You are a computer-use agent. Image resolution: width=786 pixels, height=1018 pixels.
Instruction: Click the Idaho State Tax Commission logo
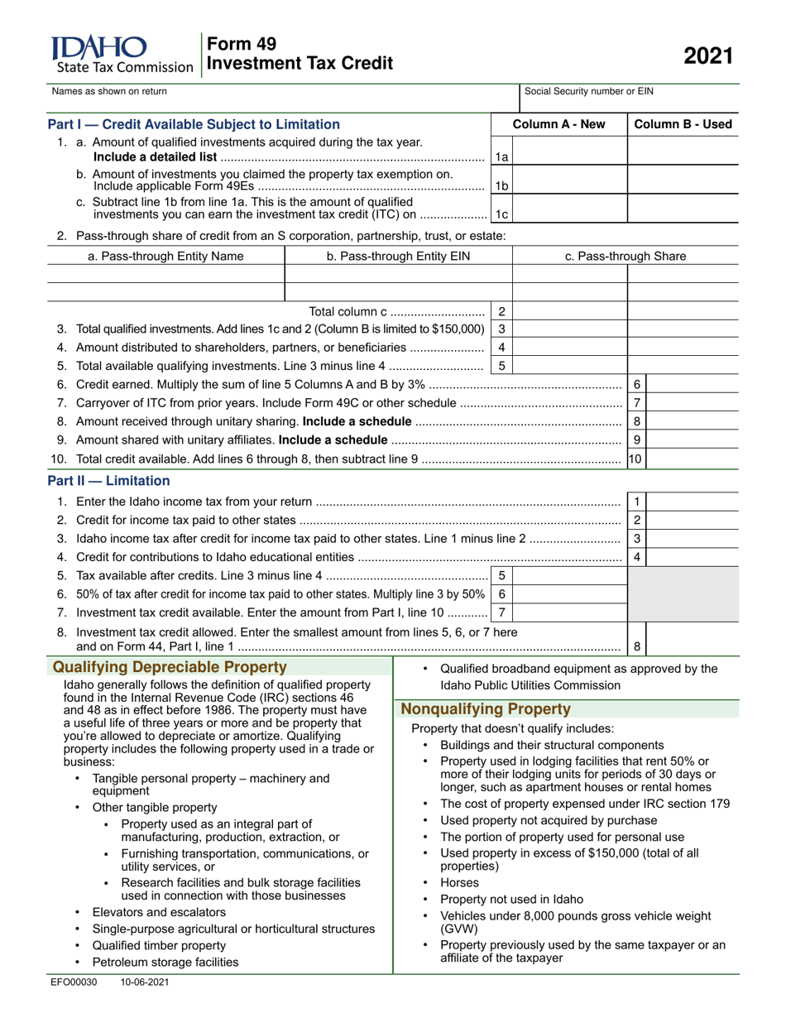[121, 55]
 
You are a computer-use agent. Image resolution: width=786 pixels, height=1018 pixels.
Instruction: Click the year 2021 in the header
[707, 55]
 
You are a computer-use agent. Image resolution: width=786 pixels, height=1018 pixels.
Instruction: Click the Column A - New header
[558, 125]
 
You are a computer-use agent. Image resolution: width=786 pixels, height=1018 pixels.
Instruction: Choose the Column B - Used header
[683, 125]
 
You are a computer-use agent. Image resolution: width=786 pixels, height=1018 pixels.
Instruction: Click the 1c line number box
[501, 214]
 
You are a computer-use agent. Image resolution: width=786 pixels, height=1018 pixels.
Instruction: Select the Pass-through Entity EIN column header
[398, 257]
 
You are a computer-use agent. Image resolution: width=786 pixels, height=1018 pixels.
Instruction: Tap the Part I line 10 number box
[635, 458]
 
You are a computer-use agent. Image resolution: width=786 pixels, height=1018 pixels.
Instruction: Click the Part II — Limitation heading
[108, 481]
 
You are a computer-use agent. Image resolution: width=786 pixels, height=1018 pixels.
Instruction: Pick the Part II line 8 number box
[636, 646]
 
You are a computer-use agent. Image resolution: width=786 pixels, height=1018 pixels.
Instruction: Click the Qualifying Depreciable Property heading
[170, 668]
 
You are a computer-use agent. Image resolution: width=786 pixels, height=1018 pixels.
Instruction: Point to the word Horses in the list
[459, 883]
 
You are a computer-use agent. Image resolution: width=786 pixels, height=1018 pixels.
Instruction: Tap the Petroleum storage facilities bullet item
[165, 962]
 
